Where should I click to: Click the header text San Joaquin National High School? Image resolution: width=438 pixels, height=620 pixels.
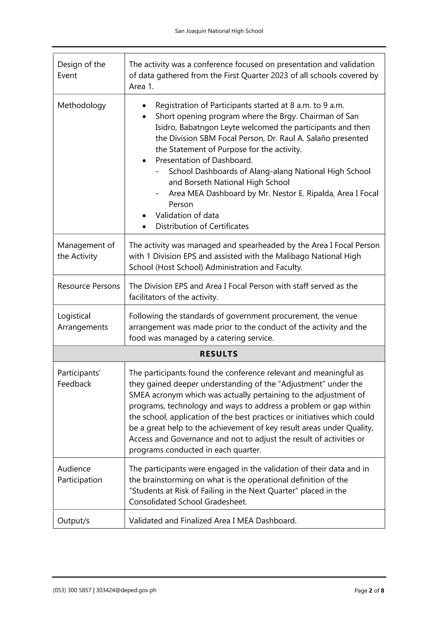[219, 31]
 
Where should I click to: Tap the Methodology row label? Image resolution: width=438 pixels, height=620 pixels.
[81, 105]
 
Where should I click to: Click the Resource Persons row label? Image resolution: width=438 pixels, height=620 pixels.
[89, 286]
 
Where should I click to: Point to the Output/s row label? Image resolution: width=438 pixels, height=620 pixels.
[73, 521]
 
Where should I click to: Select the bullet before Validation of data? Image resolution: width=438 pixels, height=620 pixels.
[145, 216]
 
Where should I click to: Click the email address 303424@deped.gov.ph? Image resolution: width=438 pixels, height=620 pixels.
[126, 590]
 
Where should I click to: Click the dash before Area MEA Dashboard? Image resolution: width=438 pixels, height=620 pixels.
[157, 194]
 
